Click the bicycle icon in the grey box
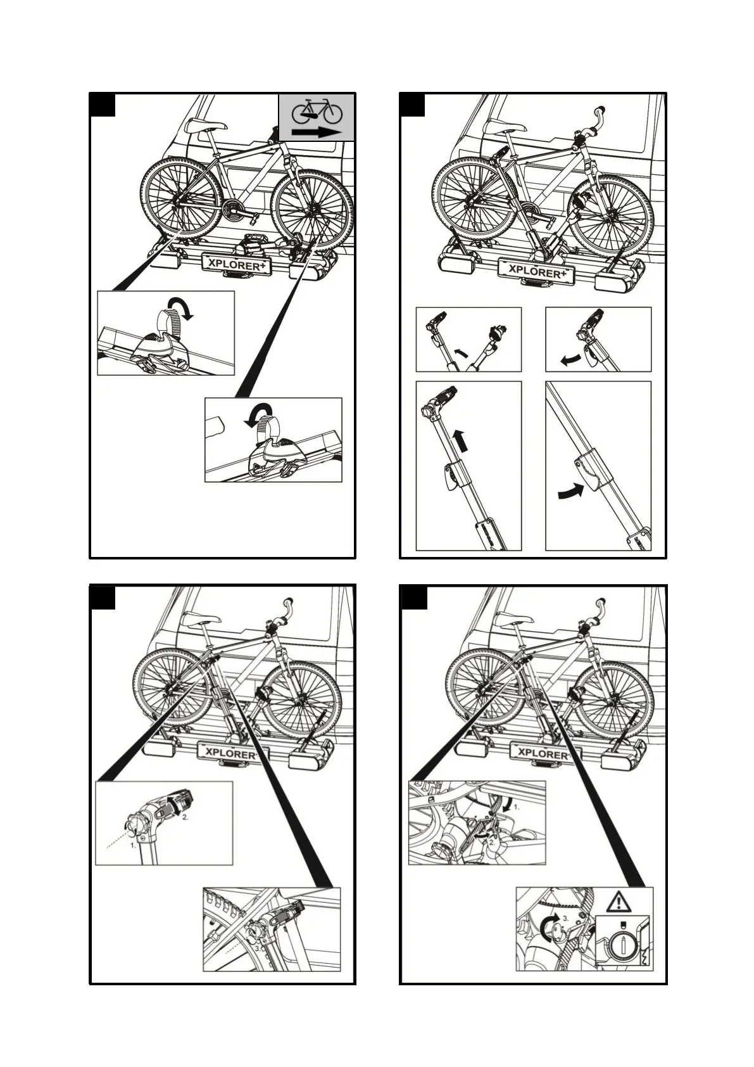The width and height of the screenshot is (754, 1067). [x=316, y=112]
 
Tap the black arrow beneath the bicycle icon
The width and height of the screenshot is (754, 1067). [x=317, y=132]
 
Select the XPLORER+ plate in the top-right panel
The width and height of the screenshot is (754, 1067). [x=536, y=271]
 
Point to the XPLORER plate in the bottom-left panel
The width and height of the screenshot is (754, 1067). [x=230, y=753]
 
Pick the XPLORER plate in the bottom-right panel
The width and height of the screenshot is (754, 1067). [x=542, y=753]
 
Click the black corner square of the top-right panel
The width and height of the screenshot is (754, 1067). [x=412, y=105]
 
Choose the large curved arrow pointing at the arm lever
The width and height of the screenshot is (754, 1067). [x=570, y=490]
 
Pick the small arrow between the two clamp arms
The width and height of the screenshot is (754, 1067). [x=462, y=350]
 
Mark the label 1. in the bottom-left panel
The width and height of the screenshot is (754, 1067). [x=134, y=845]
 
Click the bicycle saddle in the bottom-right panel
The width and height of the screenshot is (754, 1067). [x=514, y=618]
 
